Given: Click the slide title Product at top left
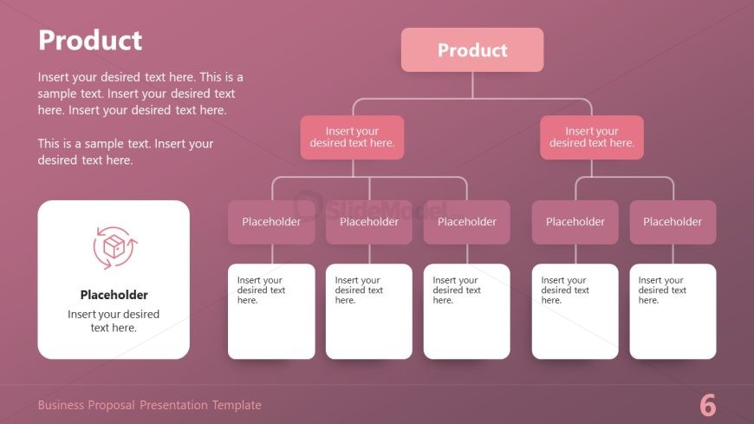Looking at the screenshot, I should click(x=90, y=41).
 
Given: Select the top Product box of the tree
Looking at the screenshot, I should click(x=472, y=50).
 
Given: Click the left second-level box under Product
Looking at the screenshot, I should click(x=352, y=138).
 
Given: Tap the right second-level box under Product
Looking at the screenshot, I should click(x=591, y=138).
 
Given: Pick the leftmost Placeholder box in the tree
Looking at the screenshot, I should click(x=271, y=222).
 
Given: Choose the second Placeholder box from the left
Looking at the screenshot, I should click(x=369, y=222).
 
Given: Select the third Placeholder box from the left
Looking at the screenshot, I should click(x=466, y=222).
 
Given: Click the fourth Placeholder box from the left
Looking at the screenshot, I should click(x=575, y=222).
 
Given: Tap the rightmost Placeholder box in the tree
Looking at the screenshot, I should click(x=673, y=222).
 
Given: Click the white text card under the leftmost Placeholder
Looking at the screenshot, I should click(x=271, y=311).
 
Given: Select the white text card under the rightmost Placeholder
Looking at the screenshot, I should click(x=673, y=311).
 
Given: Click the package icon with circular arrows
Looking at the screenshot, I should click(x=114, y=248).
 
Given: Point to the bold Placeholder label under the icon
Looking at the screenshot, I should click(x=114, y=295).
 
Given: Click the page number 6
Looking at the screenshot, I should click(x=707, y=405).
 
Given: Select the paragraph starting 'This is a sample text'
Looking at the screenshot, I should click(x=126, y=152).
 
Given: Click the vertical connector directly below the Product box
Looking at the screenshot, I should click(x=472, y=85).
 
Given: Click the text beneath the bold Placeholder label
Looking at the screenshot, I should click(x=114, y=321).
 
